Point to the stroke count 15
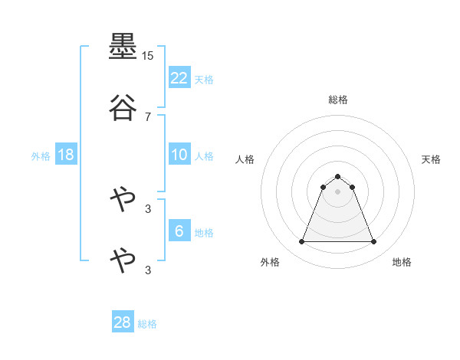[147, 56]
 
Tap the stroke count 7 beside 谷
[148, 117]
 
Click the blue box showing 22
[179, 78]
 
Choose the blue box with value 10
[179, 155]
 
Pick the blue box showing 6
[179, 231]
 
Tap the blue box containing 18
[66, 155]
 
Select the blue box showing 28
[123, 322]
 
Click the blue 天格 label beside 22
[204, 80]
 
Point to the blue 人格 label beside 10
[204, 156]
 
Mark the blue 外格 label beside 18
[41, 156]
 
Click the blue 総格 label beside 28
[147, 324]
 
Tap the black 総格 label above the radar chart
[338, 100]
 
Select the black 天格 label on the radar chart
[431, 159]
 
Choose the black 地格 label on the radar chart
[402, 262]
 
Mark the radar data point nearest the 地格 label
[374, 242]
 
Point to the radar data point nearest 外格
[301, 242]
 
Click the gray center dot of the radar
[338, 191]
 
